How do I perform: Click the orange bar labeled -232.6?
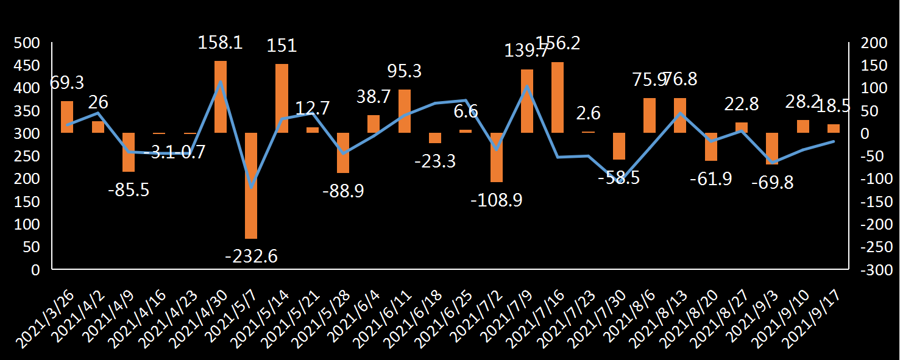click(x=251, y=185)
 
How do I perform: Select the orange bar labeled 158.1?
click(x=221, y=97)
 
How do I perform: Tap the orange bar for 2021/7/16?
click(x=558, y=97)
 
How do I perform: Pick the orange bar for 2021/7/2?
click(x=497, y=157)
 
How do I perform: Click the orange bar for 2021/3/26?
click(x=67, y=117)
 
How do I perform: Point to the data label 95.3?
click(x=405, y=71)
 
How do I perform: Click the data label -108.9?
click(x=497, y=200)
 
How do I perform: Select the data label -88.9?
click(x=343, y=191)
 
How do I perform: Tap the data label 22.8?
click(x=741, y=104)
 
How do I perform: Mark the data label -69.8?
click(x=772, y=182)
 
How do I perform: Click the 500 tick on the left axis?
click(x=27, y=43)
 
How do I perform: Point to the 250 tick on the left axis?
click(x=27, y=157)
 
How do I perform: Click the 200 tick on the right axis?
click(x=870, y=43)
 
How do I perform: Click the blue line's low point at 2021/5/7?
click(x=251, y=186)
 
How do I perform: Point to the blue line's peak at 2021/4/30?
click(x=221, y=82)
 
